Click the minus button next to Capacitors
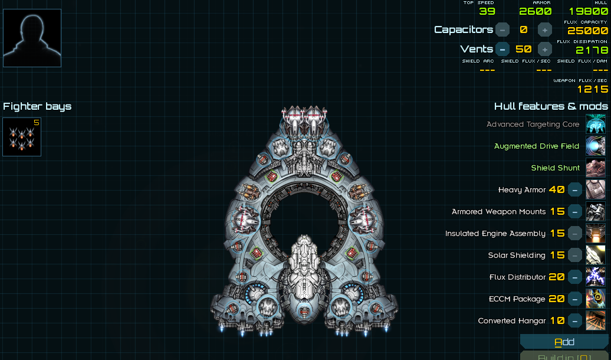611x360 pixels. pos(502,30)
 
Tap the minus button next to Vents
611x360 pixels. pos(502,49)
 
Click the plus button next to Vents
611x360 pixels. pos(545,49)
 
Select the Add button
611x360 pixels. pos(564,342)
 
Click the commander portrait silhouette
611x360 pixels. pos(32,38)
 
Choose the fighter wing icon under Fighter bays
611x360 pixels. pos(22,137)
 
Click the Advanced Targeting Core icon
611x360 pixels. pos(596,125)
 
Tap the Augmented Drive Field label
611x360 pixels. pos(537,146)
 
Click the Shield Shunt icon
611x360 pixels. pos(596,168)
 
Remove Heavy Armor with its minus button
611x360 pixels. pos(575,190)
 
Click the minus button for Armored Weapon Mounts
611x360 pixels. pos(575,212)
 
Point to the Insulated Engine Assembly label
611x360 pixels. pos(495,234)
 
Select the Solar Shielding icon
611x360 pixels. pos(596,256)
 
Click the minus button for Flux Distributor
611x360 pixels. pos(575,277)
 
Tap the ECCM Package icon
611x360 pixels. pos(596,299)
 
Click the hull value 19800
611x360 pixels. pos(588,11)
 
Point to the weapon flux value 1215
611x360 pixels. pos(592,89)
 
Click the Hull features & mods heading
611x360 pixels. pos(551,106)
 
